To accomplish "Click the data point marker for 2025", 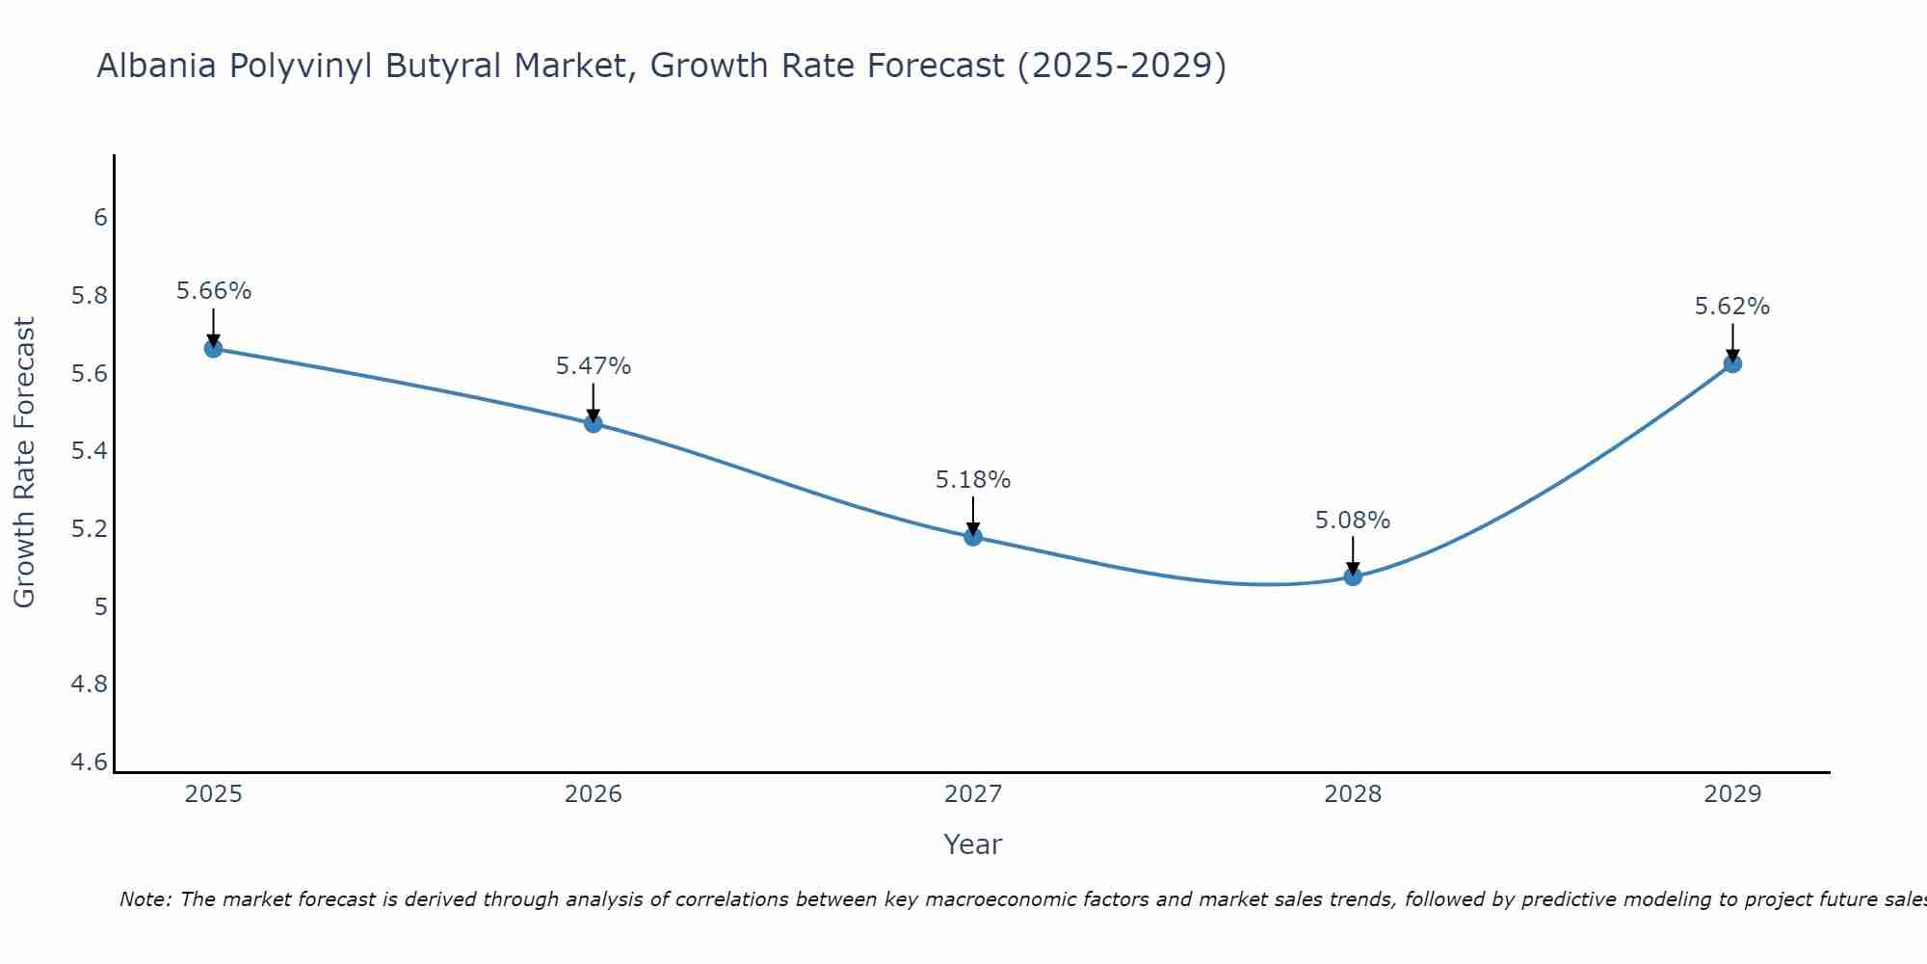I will click(213, 348).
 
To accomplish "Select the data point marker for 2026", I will click(593, 423).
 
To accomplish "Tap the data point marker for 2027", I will click(973, 537).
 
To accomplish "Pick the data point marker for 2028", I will click(1353, 576).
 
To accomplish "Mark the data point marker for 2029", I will click(1732, 363).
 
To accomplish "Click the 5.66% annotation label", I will click(213, 291).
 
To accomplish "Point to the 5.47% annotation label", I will click(593, 366).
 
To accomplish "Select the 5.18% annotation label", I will click(973, 480).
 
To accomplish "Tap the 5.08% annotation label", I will click(1353, 521).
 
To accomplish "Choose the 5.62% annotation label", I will click(1732, 307).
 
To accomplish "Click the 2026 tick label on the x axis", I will click(593, 794).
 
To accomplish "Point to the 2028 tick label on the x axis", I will click(1353, 794).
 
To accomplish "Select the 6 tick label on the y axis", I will click(100, 218).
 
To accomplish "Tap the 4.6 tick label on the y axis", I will click(90, 763).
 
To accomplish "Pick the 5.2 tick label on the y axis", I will click(90, 529).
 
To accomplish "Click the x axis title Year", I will click(973, 844).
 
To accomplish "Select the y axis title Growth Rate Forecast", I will click(24, 463).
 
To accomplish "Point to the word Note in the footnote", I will click(145, 899).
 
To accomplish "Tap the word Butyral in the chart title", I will click(444, 67).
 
